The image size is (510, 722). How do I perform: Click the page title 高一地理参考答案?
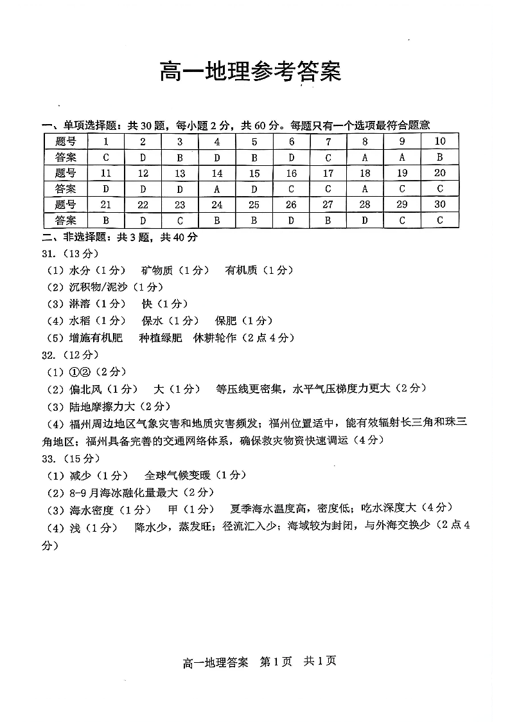pyautogui.click(x=250, y=72)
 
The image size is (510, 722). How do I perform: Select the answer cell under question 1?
pyautogui.click(x=105, y=158)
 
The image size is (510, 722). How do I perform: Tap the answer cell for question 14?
pyautogui.click(x=217, y=189)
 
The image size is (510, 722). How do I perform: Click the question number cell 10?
pyautogui.click(x=440, y=141)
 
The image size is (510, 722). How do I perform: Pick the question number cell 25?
pyautogui.click(x=254, y=204)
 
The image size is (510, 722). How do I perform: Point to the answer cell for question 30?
pyautogui.click(x=440, y=221)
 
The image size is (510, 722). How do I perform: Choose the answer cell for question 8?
pyautogui.click(x=365, y=158)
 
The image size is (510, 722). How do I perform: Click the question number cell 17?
pyautogui.click(x=328, y=173)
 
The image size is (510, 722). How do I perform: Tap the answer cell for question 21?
pyautogui.click(x=105, y=221)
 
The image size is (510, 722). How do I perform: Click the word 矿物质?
pyautogui.click(x=157, y=271)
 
